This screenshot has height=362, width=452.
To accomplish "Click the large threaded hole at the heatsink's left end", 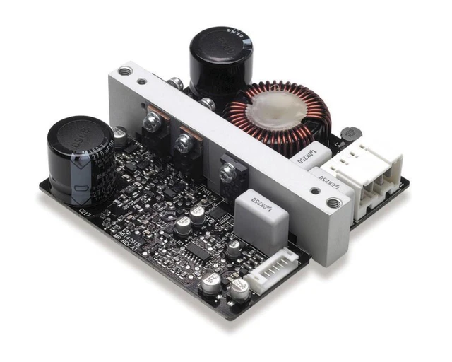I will tap(125, 71).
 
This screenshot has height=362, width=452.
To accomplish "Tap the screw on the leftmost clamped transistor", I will tap(151, 123).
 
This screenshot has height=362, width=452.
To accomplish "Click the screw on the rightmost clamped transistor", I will tap(228, 170).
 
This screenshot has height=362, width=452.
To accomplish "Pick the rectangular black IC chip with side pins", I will tap(202, 247).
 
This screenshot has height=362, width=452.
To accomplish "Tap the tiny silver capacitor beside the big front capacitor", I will tap(121, 134).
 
